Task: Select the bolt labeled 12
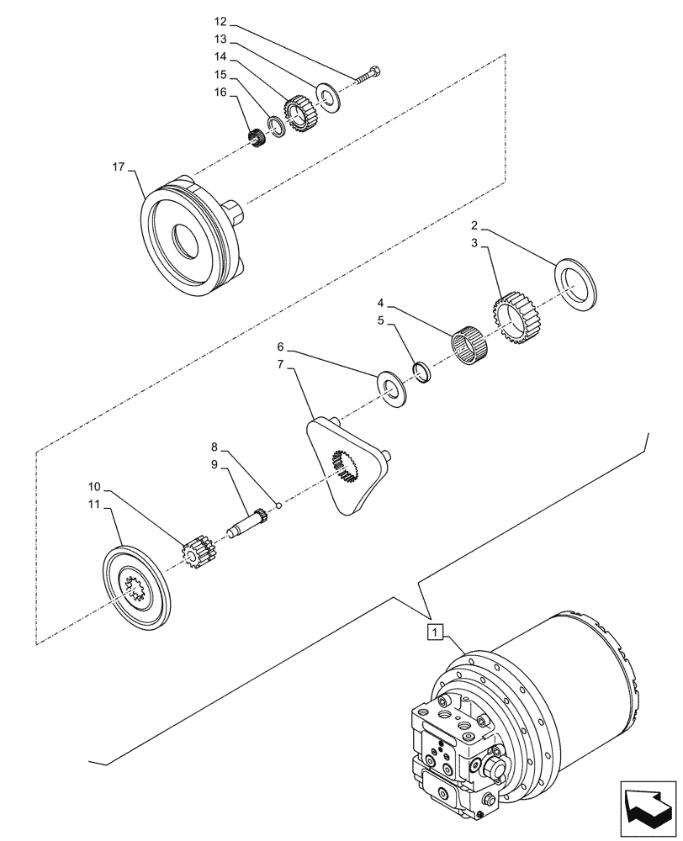pyautogui.click(x=368, y=75)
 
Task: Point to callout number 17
pyautogui.click(x=118, y=168)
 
